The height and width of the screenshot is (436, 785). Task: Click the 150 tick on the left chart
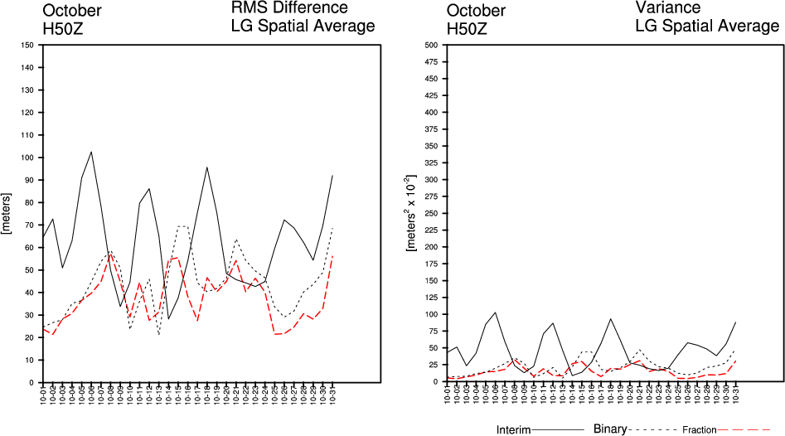click(29, 45)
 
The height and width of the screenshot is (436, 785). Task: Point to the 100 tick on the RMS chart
click(29, 157)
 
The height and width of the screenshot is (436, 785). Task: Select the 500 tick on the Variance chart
click(432, 45)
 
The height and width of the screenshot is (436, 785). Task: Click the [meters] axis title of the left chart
click(7, 213)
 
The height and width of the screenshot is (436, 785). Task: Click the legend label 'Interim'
click(513, 430)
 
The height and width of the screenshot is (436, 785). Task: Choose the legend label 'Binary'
click(610, 429)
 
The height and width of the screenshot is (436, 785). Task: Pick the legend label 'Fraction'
click(700, 430)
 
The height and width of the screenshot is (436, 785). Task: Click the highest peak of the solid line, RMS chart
click(91, 152)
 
